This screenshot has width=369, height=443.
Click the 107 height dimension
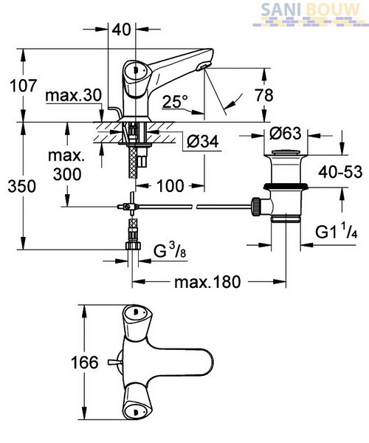(24, 86)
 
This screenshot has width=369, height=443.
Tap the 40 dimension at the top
(122, 29)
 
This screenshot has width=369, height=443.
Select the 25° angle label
(175, 101)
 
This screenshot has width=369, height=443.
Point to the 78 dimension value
(264, 95)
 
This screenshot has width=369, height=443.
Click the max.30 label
(73, 95)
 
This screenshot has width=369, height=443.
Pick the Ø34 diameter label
(202, 141)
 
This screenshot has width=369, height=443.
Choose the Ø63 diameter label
(285, 133)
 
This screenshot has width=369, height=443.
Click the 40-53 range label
(340, 171)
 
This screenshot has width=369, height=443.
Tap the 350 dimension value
(22, 186)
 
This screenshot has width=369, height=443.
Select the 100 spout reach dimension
(170, 185)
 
